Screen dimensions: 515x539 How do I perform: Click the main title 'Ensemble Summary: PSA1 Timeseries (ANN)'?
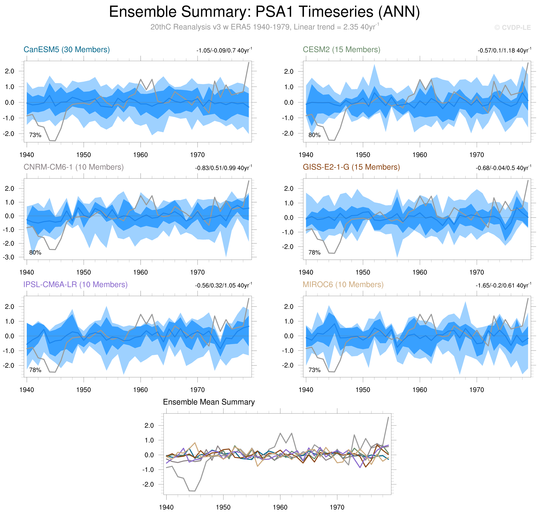tap(264, 12)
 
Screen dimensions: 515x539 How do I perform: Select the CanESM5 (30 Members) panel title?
tap(67, 50)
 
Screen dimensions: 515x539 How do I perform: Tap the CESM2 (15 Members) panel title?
tap(341, 50)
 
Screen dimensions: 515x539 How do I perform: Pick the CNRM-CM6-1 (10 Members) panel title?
tap(74, 167)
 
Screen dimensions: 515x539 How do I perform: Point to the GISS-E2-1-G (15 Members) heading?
tap(351, 167)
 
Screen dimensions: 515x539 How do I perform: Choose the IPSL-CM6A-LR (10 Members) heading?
tap(75, 285)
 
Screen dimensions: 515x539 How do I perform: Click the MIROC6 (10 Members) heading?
tap(343, 285)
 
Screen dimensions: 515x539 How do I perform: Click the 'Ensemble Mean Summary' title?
tap(209, 402)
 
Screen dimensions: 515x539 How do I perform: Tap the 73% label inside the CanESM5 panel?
tap(35, 135)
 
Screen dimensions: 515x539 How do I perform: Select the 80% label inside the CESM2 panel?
tap(314, 135)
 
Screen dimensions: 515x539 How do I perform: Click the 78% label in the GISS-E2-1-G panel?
tap(314, 253)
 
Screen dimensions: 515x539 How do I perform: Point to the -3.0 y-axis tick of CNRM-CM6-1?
tap(8, 257)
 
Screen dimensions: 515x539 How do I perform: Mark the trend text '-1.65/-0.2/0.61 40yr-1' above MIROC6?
tap(503, 286)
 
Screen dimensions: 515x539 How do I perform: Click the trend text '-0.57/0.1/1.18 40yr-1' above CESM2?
tap(504, 50)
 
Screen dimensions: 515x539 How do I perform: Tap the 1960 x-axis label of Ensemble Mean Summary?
tap(280, 507)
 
